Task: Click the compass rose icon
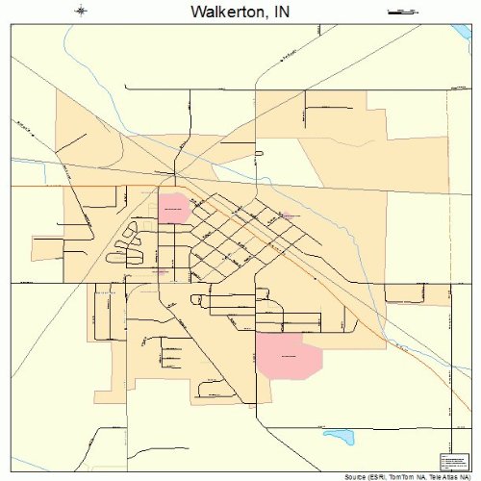(82, 12)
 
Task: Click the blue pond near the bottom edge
(339, 437)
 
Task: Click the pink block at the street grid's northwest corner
(173, 208)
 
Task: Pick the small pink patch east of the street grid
(285, 216)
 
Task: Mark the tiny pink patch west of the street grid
(160, 271)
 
